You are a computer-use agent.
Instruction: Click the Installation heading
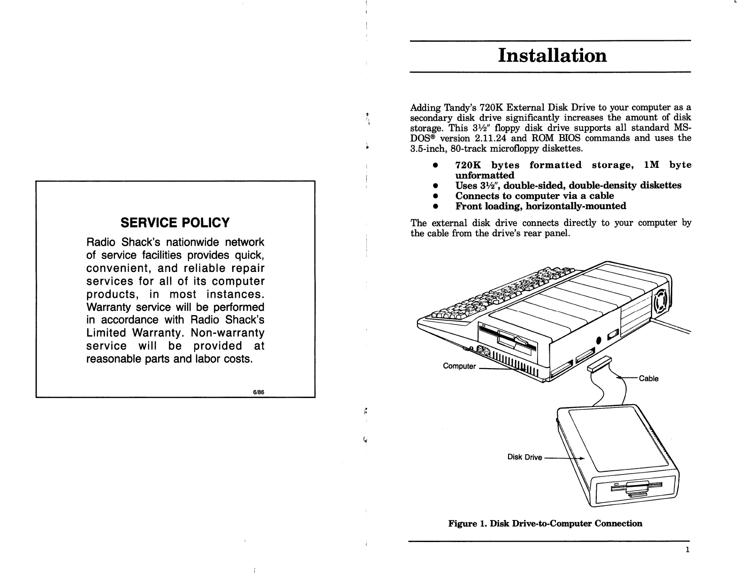pyautogui.click(x=552, y=55)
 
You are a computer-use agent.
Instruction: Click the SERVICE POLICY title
pyautogui.click(x=175, y=222)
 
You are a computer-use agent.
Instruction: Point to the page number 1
pyautogui.click(x=687, y=550)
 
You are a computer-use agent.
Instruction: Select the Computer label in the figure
pyautogui.click(x=459, y=366)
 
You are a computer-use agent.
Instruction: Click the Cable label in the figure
pyautogui.click(x=649, y=378)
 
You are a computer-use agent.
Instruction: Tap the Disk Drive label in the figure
pyautogui.click(x=524, y=457)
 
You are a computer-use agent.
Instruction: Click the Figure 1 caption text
pyautogui.click(x=545, y=523)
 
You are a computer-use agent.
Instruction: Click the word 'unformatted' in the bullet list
pyautogui.click(x=485, y=175)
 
